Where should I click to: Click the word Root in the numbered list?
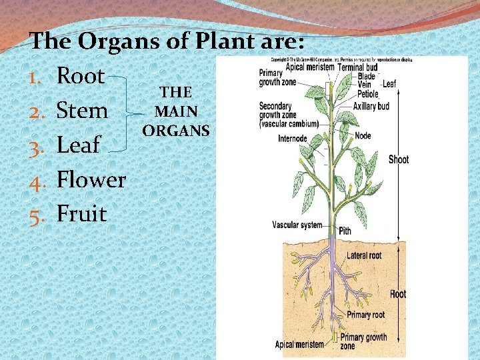(81, 75)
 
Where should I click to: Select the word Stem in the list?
(82, 110)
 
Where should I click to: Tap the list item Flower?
(91, 179)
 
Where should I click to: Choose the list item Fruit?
(82, 214)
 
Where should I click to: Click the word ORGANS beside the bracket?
(175, 129)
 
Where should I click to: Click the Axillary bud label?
(371, 106)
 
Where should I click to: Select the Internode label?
(293, 139)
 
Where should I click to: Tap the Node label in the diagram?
(363, 135)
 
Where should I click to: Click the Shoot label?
(399, 159)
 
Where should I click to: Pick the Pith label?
(345, 231)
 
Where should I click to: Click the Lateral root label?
(365, 255)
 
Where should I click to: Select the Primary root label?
(365, 315)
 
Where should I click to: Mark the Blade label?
(367, 77)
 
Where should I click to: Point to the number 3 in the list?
(37, 145)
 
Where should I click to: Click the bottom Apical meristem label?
(300, 345)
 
